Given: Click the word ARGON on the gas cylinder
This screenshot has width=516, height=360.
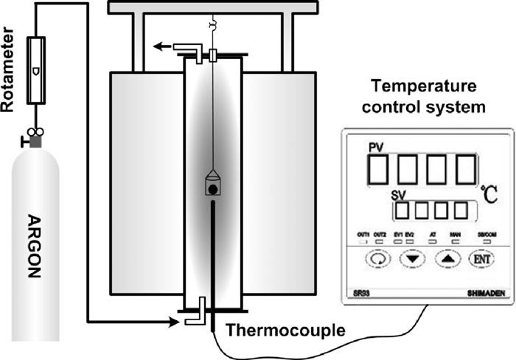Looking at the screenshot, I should [32, 236].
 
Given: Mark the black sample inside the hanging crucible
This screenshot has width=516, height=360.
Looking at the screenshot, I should [212, 190].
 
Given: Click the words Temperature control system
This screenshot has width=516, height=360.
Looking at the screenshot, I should [419, 96].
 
